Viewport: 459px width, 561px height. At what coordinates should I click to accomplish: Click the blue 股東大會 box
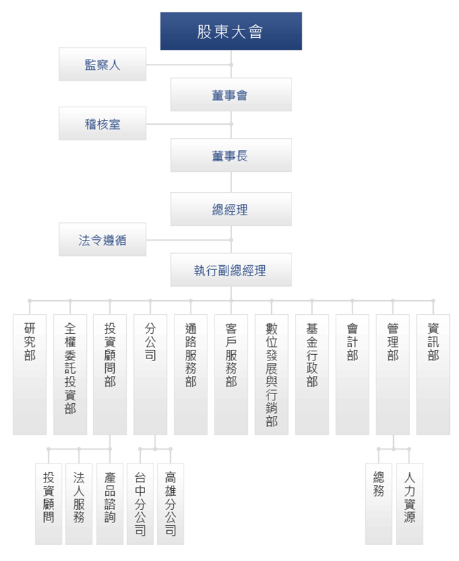click(231, 31)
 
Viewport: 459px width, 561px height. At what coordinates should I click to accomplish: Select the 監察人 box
click(102, 65)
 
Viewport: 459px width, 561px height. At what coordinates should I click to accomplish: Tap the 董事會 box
click(231, 95)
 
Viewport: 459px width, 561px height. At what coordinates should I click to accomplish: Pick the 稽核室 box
click(102, 124)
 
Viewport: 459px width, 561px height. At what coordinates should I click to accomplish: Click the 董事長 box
click(231, 155)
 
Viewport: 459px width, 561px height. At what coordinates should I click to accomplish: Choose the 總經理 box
click(231, 209)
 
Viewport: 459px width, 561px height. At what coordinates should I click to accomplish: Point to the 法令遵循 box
click(102, 240)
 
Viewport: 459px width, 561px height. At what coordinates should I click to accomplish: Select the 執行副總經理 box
click(231, 270)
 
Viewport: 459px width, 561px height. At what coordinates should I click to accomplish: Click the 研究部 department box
click(29, 374)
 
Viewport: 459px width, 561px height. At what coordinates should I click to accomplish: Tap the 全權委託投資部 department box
click(70, 374)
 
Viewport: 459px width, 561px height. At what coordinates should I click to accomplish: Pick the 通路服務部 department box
click(191, 374)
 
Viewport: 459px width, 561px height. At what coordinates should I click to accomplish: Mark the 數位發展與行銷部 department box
click(271, 374)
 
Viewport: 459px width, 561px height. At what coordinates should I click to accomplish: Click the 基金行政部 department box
click(312, 374)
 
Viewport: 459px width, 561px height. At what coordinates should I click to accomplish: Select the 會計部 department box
click(352, 374)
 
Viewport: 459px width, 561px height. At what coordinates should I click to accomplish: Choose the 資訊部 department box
click(433, 374)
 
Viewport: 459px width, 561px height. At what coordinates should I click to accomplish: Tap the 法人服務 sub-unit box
click(78, 504)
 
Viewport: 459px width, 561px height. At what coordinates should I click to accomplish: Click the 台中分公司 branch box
click(140, 504)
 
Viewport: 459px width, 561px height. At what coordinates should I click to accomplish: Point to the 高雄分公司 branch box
click(170, 504)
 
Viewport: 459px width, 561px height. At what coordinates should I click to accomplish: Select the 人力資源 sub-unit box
click(409, 504)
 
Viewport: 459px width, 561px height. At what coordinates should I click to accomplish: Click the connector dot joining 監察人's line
click(231, 65)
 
